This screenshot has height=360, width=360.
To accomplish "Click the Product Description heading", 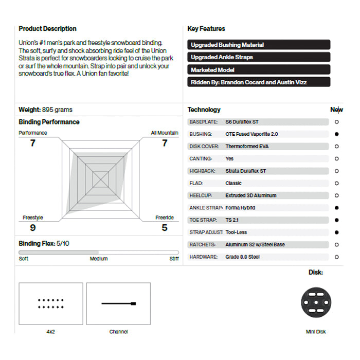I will point(47,29).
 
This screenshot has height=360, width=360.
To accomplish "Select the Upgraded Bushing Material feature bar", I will point(259,45).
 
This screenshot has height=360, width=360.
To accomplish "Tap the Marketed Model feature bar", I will point(259,69).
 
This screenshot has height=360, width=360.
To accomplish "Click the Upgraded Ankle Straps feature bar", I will point(259,57).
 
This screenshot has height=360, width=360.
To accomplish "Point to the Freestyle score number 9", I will point(33,227).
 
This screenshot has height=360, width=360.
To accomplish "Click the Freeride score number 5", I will point(165,227).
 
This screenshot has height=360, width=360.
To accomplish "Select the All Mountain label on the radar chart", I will point(165,133).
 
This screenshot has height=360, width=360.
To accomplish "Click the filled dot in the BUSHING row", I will point(336,134).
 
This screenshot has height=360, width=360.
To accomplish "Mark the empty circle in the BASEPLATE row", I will point(336,122).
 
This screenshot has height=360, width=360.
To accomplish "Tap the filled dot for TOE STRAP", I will point(336,220).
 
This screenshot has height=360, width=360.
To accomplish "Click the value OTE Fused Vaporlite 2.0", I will point(251,134).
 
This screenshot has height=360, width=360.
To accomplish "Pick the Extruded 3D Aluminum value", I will point(250,195).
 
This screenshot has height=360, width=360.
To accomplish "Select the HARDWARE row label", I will point(203,257).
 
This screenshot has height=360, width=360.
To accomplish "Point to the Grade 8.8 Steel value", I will point(242,257).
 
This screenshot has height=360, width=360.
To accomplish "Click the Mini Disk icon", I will point(315,301).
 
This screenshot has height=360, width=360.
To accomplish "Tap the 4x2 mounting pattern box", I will point(50,303).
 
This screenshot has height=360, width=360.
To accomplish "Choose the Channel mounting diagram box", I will point(118,303).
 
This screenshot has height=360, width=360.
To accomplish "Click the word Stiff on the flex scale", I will point(174,259).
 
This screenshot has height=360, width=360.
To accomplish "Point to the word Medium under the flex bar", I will point(99,259).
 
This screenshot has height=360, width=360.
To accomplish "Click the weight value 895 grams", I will point(58,110).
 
